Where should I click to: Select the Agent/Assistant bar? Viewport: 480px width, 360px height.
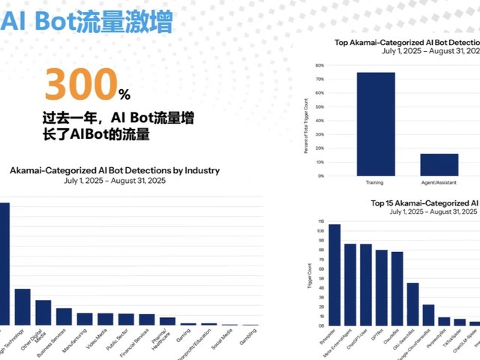439,164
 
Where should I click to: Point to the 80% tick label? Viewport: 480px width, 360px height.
319,64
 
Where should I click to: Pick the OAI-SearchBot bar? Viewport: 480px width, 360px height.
412,304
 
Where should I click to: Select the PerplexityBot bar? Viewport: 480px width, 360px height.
444,321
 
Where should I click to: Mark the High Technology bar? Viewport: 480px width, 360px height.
22,306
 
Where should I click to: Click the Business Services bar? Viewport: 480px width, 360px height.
64,316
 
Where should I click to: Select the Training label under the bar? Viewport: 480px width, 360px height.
375,182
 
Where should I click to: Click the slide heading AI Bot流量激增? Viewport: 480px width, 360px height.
86,21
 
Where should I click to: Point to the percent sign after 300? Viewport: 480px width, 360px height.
124,95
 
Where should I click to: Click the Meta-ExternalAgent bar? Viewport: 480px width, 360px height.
349,284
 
